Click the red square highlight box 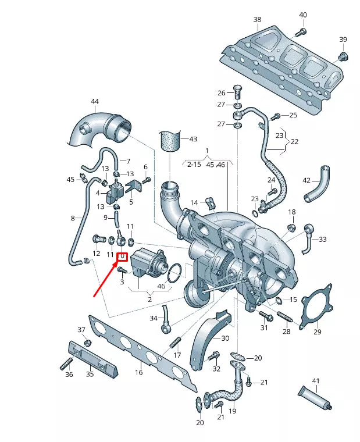(123, 256)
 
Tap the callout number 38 (257, 19)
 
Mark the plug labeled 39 (342, 56)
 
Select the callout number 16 (139, 373)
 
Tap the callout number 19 (232, 411)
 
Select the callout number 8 (73, 218)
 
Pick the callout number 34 (154, 318)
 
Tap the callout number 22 (295, 142)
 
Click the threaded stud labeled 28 (284, 318)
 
